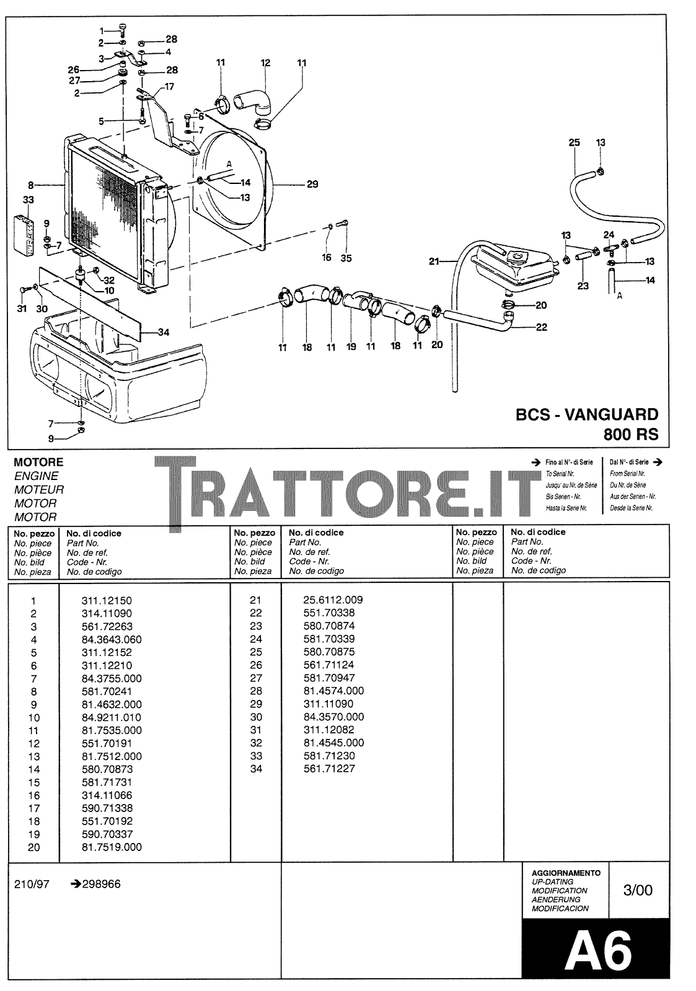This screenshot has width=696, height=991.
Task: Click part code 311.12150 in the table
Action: pos(107,600)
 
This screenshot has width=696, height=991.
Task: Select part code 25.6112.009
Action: pos(333,600)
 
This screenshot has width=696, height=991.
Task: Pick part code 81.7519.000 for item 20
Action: pos(112,847)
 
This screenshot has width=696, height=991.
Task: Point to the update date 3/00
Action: pos(638,890)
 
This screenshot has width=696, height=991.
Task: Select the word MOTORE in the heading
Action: pos(38,462)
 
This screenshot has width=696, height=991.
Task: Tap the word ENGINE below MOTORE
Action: pos(36,476)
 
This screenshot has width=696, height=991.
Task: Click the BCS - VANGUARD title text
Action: pos(587,414)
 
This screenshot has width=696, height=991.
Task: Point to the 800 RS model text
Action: pos(631,434)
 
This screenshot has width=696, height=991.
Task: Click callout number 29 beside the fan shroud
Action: pos(312,184)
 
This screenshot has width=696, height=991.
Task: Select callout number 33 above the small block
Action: pos(29,200)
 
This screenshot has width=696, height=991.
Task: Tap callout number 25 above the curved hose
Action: pos(574,142)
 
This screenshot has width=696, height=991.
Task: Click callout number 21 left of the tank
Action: pos(434,261)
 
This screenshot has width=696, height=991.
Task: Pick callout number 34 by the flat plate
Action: pos(164,333)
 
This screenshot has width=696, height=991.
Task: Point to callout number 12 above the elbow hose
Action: pos(265,63)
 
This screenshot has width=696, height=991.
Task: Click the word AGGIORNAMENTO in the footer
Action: pos(566,873)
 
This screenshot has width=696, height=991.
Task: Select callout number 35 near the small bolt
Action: pos(346,258)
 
